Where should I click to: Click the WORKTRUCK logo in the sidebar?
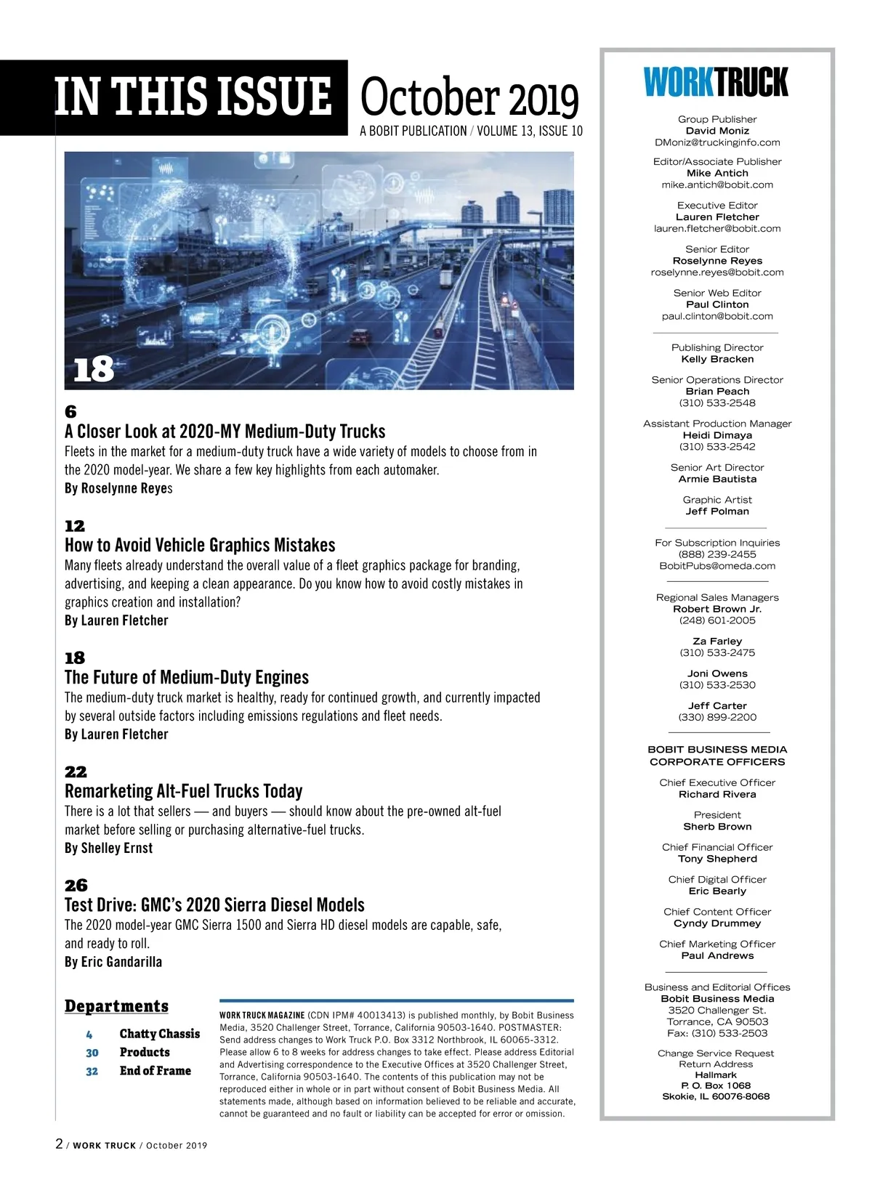click(716, 82)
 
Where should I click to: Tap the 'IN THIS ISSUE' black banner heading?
click(193, 97)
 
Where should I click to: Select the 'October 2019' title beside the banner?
click(469, 99)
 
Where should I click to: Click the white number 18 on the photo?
click(94, 370)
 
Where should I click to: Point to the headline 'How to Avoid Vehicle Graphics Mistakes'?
click(200, 545)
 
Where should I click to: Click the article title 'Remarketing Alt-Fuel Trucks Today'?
click(183, 790)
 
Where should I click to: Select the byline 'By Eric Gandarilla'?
click(113, 962)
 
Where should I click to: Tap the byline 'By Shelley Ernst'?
click(109, 848)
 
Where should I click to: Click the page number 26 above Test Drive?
click(76, 885)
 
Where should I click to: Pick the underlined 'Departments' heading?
click(116, 1006)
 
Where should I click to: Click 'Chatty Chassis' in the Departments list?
click(159, 1034)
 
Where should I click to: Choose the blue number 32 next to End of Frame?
click(92, 1071)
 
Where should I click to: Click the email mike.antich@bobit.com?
click(717, 185)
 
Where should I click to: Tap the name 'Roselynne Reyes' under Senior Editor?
click(717, 261)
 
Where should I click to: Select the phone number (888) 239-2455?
click(717, 554)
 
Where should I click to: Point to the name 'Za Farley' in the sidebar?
click(717, 641)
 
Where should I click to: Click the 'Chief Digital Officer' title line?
click(717, 879)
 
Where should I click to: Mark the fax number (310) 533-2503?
click(717, 1033)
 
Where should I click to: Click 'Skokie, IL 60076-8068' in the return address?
click(716, 1096)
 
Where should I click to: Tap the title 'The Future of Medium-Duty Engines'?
click(187, 677)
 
